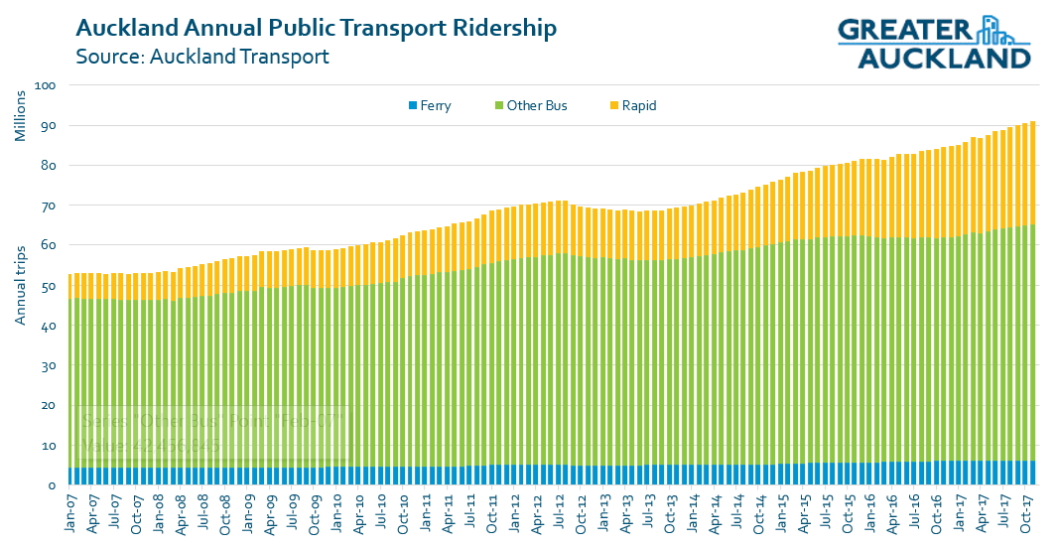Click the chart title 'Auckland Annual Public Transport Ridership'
[316, 28]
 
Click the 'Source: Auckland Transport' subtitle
[201, 56]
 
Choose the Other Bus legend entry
[536, 105]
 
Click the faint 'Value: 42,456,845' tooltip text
[151, 446]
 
